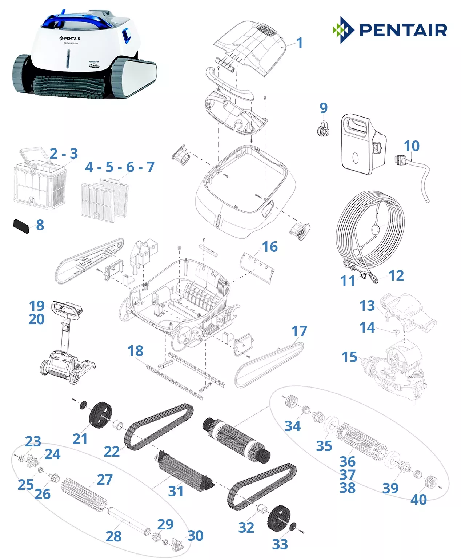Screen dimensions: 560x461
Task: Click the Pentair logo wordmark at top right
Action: click(403, 30)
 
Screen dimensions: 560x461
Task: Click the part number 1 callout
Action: click(299, 43)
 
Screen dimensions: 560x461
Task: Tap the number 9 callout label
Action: click(323, 108)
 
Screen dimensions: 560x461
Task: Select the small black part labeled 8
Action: click(21, 226)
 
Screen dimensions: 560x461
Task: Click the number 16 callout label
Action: click(270, 247)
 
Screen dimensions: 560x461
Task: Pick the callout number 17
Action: click(299, 331)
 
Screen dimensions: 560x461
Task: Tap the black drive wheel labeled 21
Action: click(100, 415)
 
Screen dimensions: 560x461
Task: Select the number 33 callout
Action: click(280, 544)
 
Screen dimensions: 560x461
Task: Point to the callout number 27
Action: click(105, 480)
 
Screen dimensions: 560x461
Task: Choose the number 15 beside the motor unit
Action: click(349, 357)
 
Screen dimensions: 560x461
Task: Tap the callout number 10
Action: click(412, 146)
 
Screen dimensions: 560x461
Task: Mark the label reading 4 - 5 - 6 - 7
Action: click(120, 167)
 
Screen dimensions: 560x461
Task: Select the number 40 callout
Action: click(418, 500)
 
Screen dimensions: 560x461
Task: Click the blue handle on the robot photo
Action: click(78, 20)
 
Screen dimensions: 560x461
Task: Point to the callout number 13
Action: click(367, 306)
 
